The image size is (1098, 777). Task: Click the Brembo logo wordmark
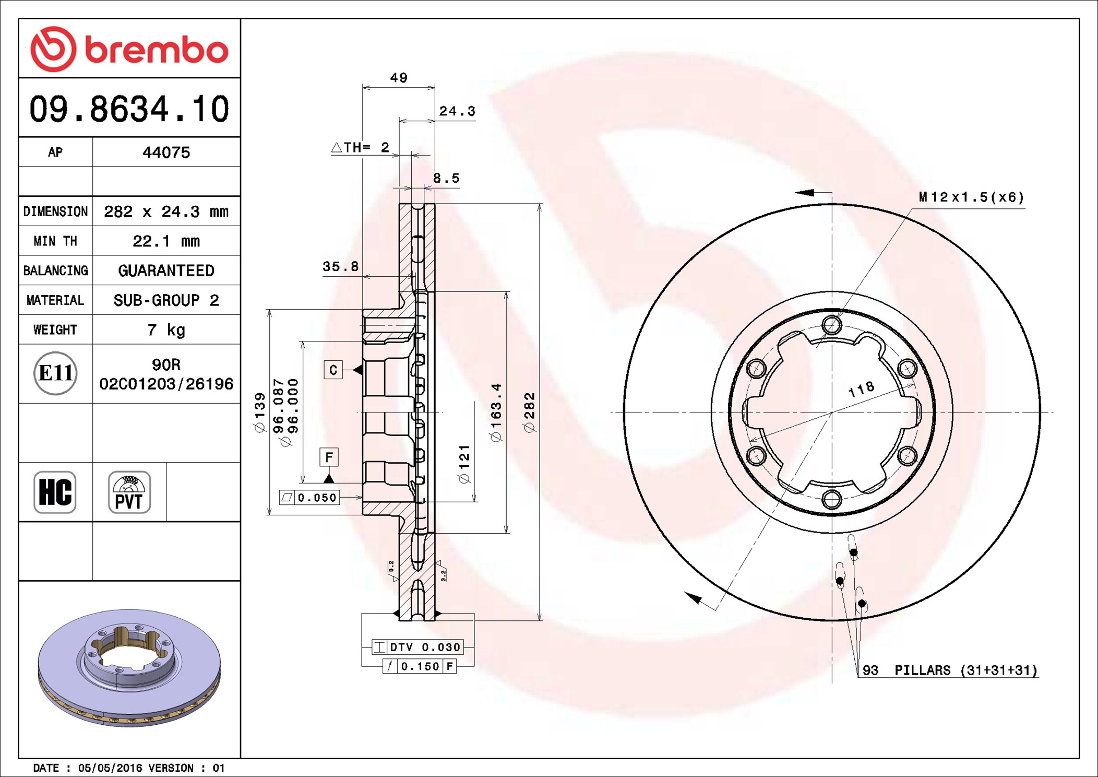(x=156, y=51)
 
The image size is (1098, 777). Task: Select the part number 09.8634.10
(x=129, y=109)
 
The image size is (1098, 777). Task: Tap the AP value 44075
(x=166, y=152)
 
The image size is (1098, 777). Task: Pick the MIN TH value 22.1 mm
(x=166, y=241)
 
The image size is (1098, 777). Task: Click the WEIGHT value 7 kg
(x=166, y=330)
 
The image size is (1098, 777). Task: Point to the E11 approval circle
(x=55, y=373)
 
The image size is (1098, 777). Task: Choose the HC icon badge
(x=55, y=492)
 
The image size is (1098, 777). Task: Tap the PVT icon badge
(x=129, y=492)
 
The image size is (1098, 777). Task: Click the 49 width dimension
(x=399, y=78)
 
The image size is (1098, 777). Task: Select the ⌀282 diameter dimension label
(x=529, y=412)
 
